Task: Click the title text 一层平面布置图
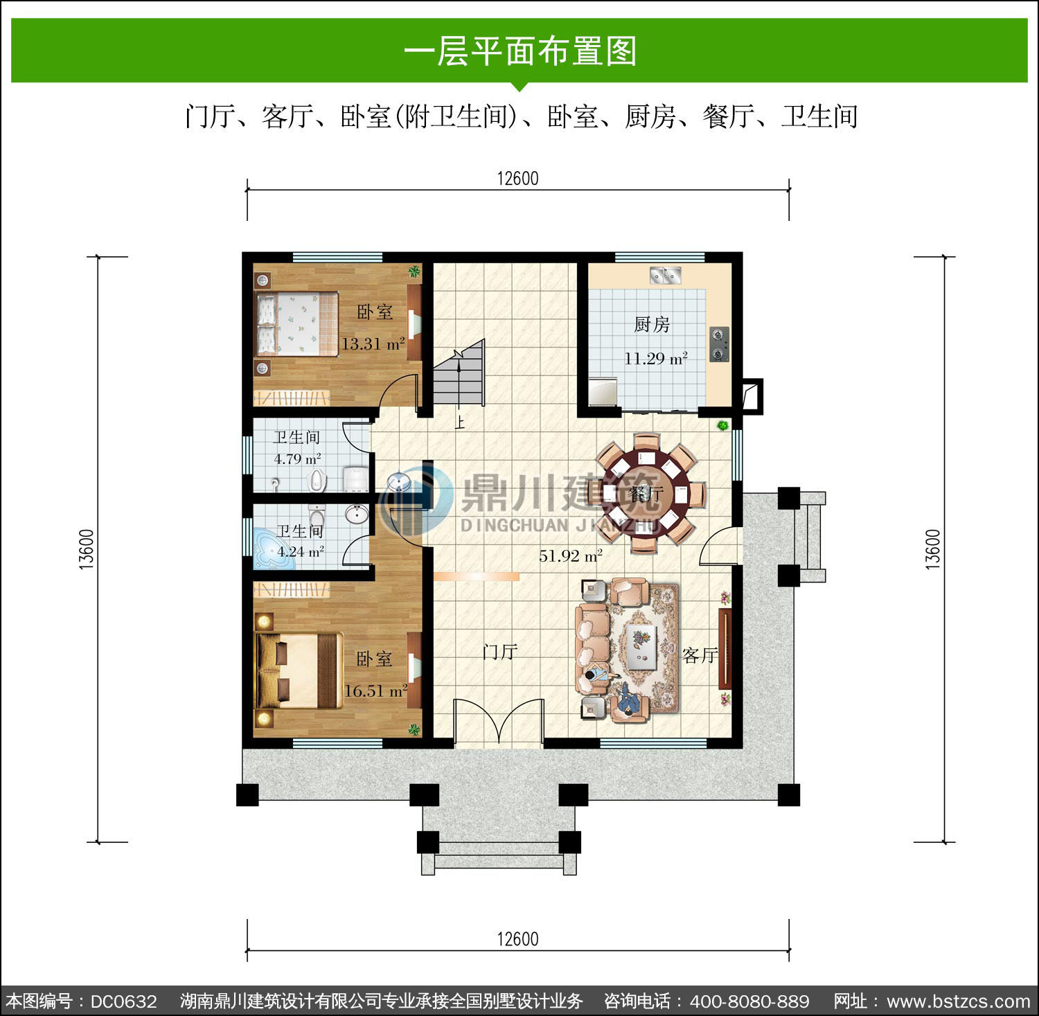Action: click(x=519, y=51)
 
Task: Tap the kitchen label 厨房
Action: click(x=652, y=324)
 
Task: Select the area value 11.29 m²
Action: click(x=655, y=358)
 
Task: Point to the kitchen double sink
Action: click(x=666, y=275)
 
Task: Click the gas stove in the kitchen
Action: click(x=720, y=344)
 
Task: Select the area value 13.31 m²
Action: click(x=373, y=343)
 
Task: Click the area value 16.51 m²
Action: click(x=375, y=690)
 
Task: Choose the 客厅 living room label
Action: click(x=699, y=655)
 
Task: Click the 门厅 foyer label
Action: click(x=500, y=651)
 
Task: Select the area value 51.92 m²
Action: click(x=571, y=555)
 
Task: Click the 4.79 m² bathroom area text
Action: click(x=297, y=458)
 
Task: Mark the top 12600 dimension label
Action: click(x=517, y=178)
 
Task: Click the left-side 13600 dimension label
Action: click(x=87, y=549)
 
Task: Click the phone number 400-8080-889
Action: click(x=749, y=1001)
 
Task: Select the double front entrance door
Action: click(x=499, y=723)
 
